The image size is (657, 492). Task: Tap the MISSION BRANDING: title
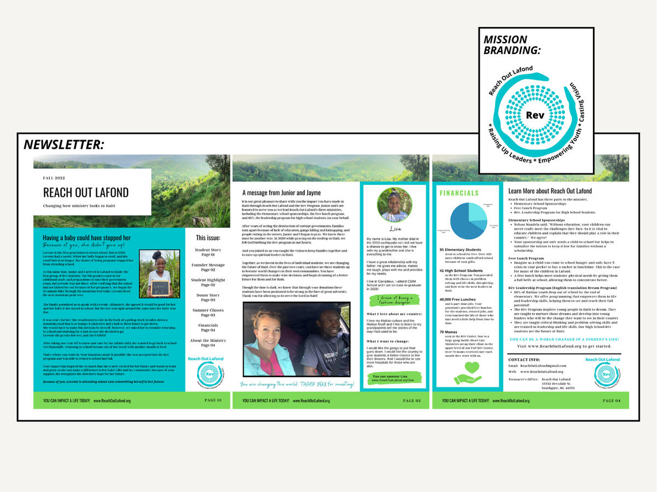(x=512, y=45)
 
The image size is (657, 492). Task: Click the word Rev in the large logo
(x=535, y=115)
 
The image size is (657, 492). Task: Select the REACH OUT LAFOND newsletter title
(x=86, y=192)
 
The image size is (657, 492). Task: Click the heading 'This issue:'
(x=208, y=238)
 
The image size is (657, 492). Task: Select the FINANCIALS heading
(x=459, y=193)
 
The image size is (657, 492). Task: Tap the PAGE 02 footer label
(x=412, y=401)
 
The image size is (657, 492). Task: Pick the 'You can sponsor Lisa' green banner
(x=394, y=378)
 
